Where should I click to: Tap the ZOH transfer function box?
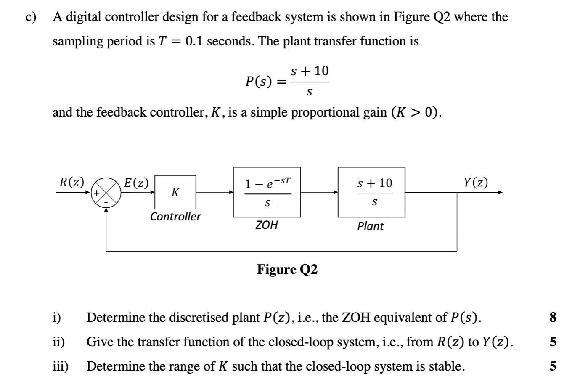(267, 192)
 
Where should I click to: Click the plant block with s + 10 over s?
(372, 192)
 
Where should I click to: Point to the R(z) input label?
(71, 182)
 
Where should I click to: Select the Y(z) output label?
(476, 183)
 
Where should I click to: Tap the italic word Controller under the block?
(176, 217)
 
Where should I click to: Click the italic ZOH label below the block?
(267, 225)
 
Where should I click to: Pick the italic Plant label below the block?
(371, 226)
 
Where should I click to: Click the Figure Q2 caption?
(287, 269)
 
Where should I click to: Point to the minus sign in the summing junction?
(106, 201)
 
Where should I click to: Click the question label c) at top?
(31, 17)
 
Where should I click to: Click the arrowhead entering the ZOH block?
(231, 193)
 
